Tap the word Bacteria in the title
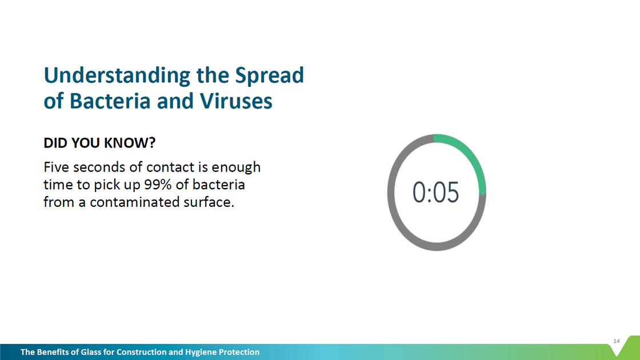point(110,101)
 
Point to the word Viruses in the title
point(236,101)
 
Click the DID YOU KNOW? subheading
point(99,143)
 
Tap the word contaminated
point(134,202)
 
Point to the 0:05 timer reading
point(435,192)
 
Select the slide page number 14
point(617,341)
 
